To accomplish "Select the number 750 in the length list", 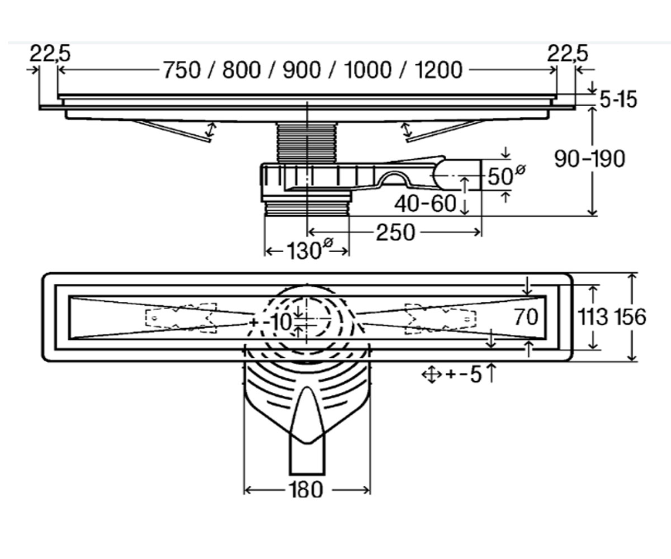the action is click(182, 70).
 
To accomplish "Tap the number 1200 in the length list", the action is click(438, 70).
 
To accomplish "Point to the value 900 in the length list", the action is click(302, 70).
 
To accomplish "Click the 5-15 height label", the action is click(618, 100).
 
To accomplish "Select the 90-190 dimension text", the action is click(590, 159).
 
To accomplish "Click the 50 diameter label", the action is click(506, 176).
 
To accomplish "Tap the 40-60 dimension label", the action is click(425, 203).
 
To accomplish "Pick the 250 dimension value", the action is click(395, 233).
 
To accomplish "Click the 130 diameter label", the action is click(309, 250).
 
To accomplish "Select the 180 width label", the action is click(305, 490).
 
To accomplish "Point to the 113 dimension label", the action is click(593, 317).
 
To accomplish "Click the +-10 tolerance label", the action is click(271, 321).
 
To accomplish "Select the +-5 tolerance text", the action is click(464, 375).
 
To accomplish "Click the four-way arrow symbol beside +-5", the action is click(432, 375).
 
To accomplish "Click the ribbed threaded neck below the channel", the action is click(306, 143).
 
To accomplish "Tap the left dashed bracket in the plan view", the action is click(181, 318).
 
